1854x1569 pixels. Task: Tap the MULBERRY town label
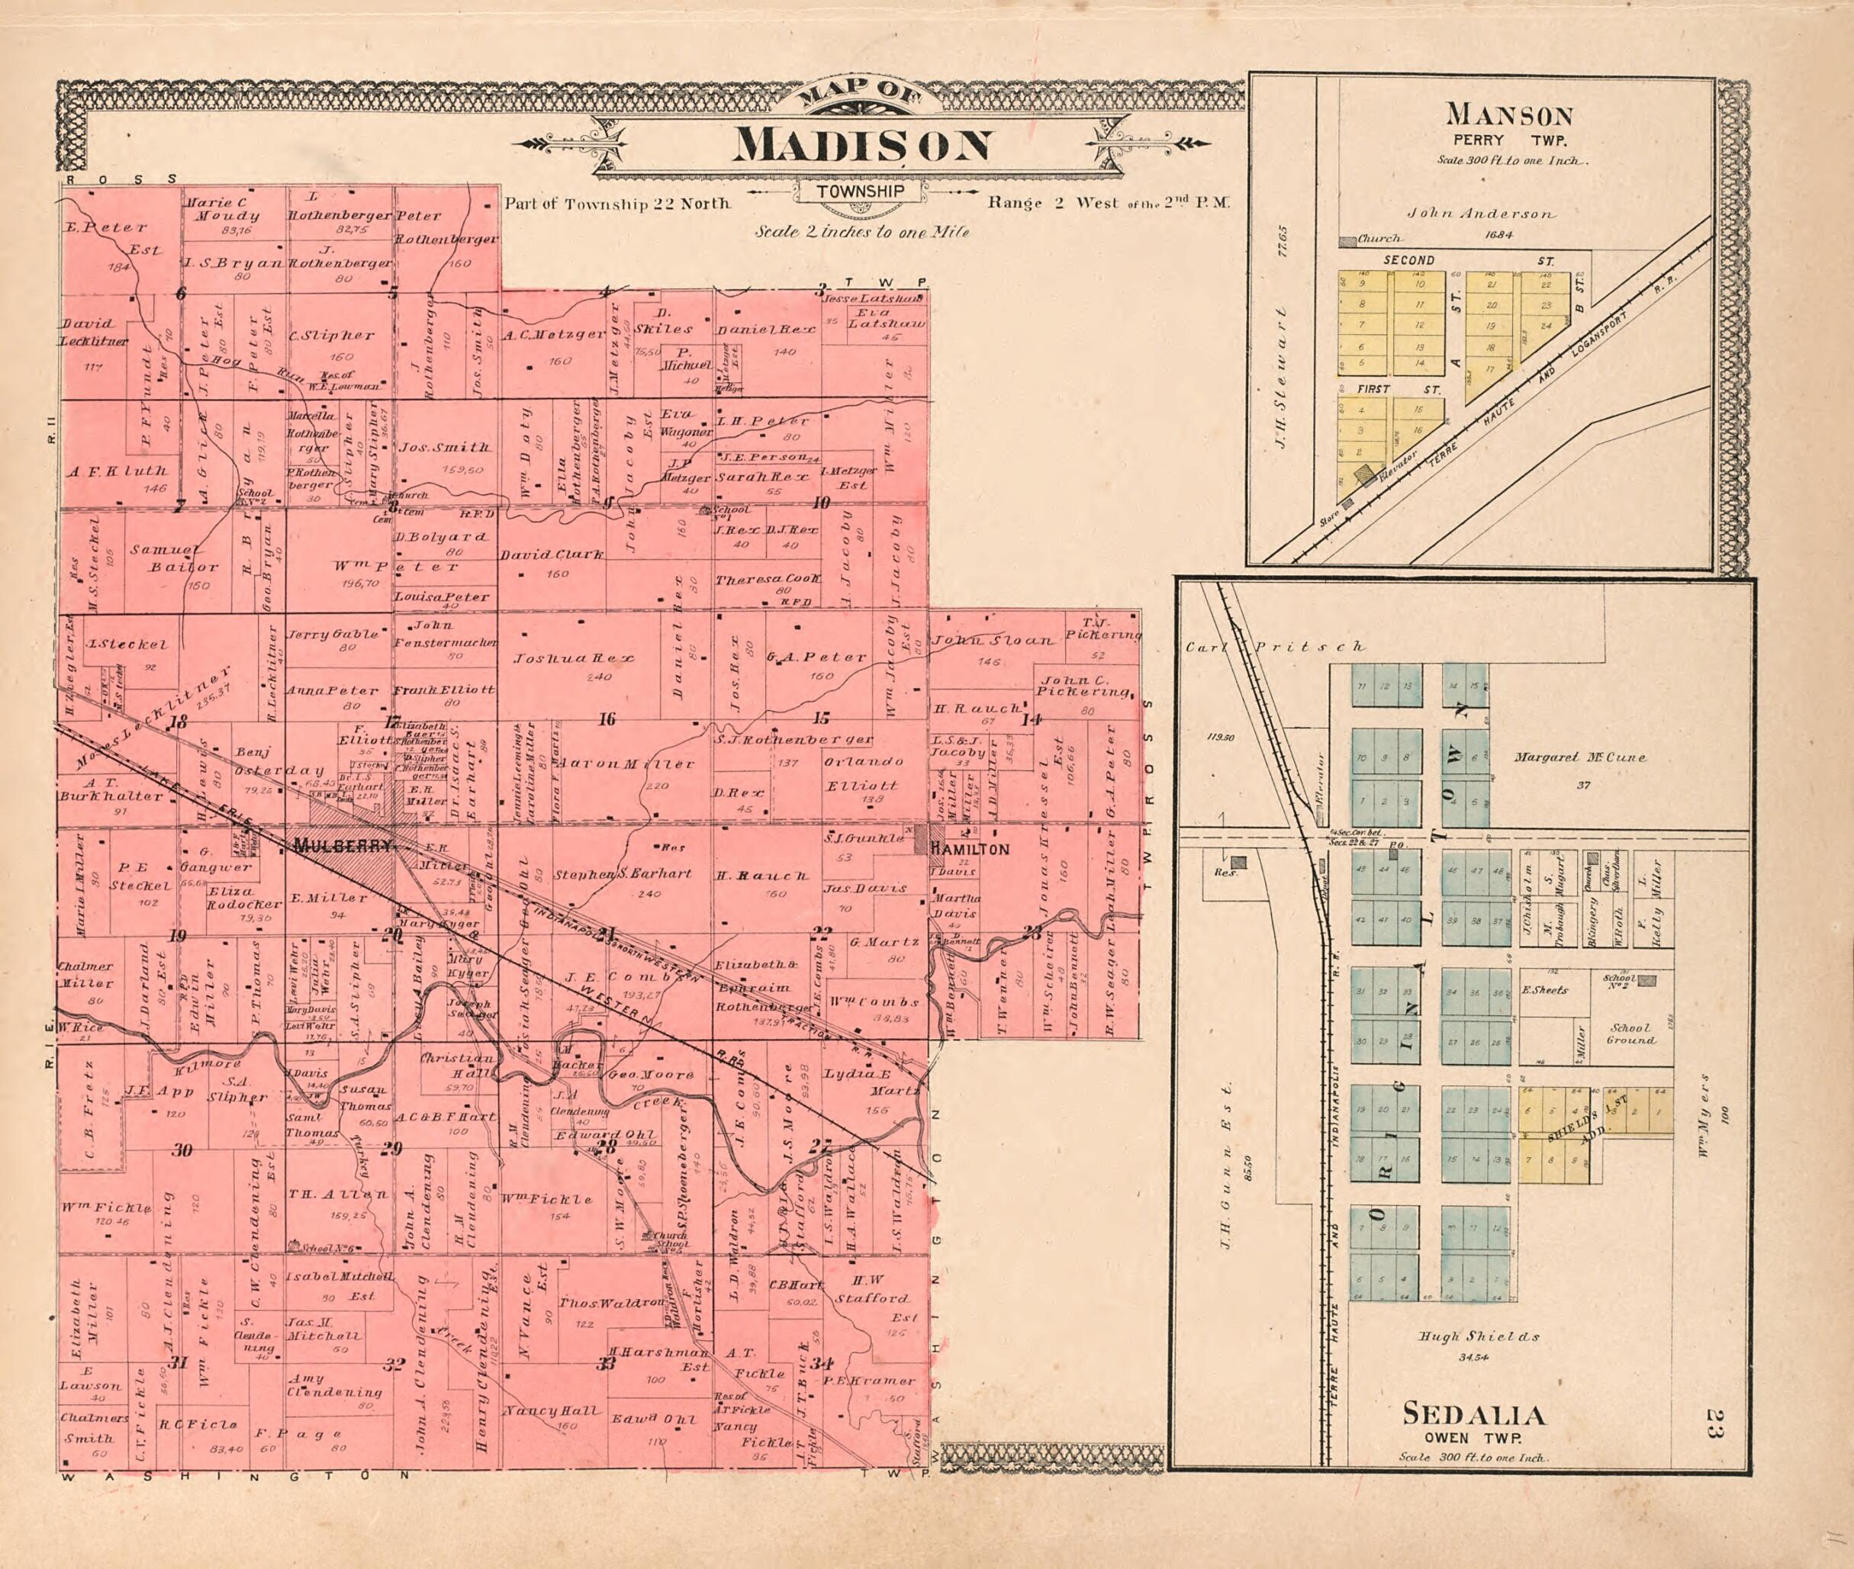tap(342, 847)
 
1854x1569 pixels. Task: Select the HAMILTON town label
tap(970, 850)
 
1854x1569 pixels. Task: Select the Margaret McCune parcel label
tap(1580, 758)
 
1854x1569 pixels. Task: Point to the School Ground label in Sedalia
tap(1630, 1033)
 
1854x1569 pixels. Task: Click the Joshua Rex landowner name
tap(574, 659)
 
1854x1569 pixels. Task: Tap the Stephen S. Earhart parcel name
tap(623, 873)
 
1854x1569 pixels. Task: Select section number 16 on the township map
tap(607, 719)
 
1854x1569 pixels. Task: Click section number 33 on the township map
tap(607, 1364)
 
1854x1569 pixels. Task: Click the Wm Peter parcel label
tap(398, 567)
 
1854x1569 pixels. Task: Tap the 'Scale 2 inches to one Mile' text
tap(861, 231)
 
